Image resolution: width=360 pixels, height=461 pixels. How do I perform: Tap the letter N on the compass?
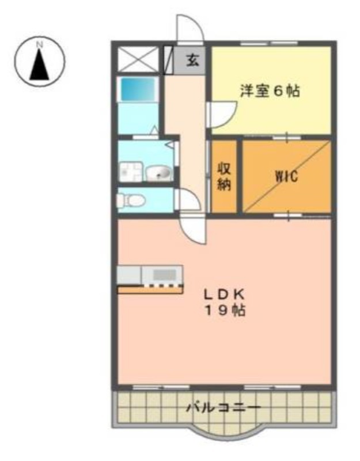pos(39,45)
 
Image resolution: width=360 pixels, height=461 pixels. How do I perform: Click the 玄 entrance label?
pos(192,60)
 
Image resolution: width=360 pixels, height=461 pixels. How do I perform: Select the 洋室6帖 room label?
pos(270,90)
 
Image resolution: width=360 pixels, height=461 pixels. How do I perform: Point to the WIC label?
pos(286,176)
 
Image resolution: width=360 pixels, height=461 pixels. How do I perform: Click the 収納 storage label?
pos(224,177)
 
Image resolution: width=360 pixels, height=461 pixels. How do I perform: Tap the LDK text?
pos(225,294)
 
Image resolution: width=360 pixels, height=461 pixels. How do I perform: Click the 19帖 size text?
pos(225,310)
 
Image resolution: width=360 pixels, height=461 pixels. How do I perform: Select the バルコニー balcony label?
pos(224,407)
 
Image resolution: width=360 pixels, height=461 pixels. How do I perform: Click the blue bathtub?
pos(138,89)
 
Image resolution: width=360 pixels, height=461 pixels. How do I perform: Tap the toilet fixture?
pos(131,201)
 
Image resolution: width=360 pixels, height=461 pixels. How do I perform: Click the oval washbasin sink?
pos(159,173)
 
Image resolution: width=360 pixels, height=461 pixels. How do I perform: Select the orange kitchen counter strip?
pos(150,290)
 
